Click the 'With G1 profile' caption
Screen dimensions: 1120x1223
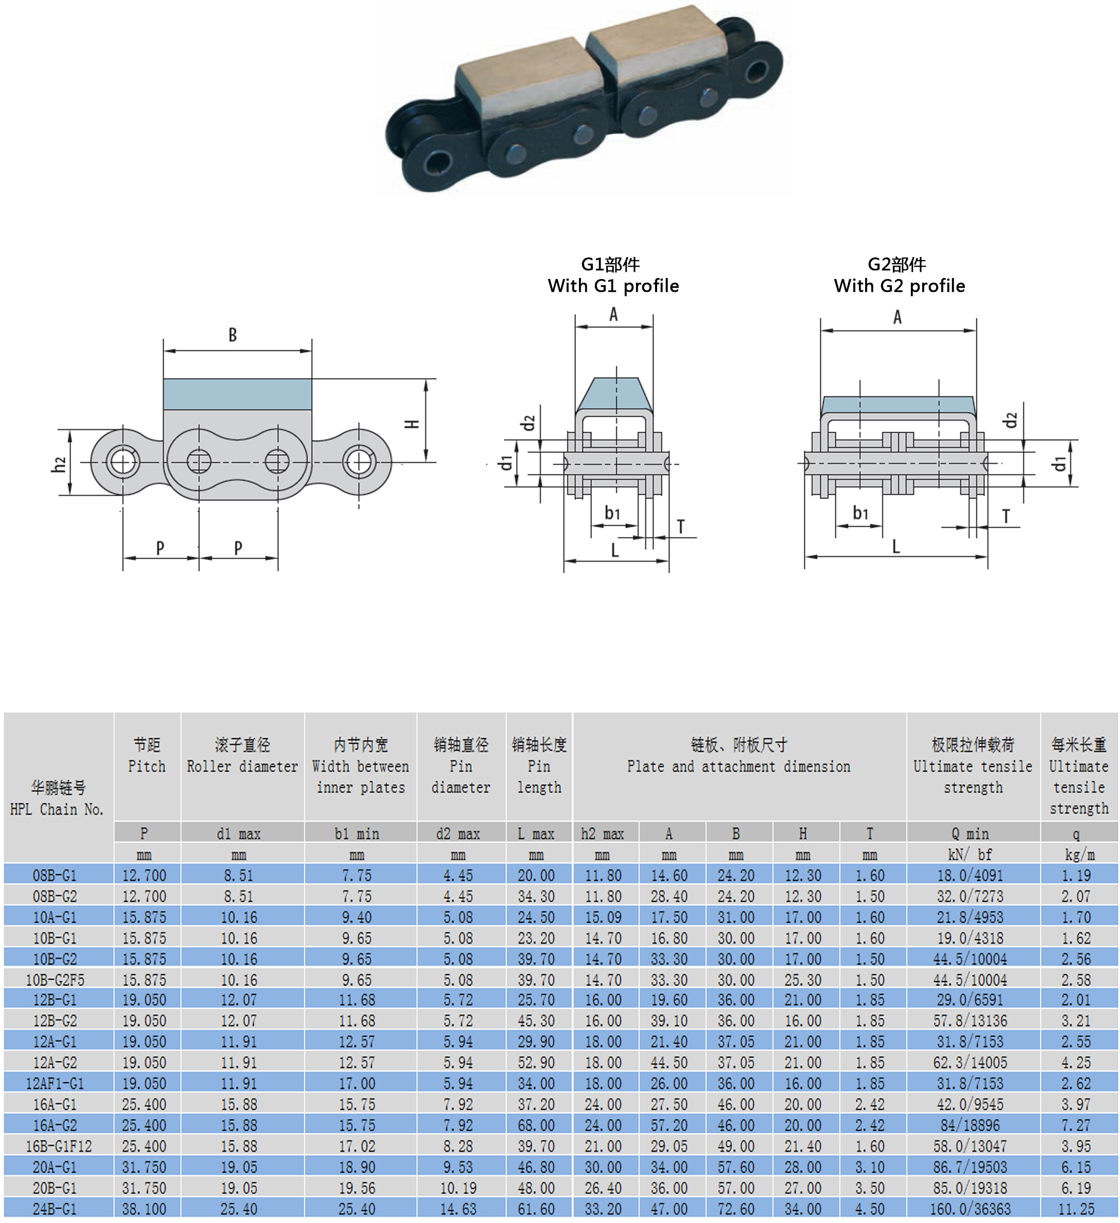[x=613, y=286]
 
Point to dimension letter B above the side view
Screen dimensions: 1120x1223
[x=233, y=335]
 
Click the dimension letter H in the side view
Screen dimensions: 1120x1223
[x=412, y=424]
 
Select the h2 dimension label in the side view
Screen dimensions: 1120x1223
[x=59, y=464]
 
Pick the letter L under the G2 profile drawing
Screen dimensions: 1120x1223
[x=895, y=547]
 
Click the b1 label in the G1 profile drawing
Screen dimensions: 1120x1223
[x=612, y=513]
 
